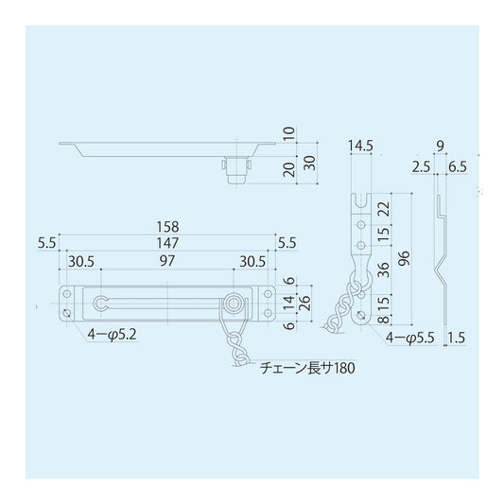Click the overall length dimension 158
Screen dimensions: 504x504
coord(169,228)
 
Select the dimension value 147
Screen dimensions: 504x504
coord(169,243)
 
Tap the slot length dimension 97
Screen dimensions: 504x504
coord(166,259)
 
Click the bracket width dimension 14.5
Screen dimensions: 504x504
coord(361,147)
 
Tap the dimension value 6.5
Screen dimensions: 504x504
coord(457,165)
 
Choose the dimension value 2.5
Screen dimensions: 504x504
coord(423,165)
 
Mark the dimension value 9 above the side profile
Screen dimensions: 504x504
coord(441,147)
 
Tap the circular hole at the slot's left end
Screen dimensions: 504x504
coord(101,303)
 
